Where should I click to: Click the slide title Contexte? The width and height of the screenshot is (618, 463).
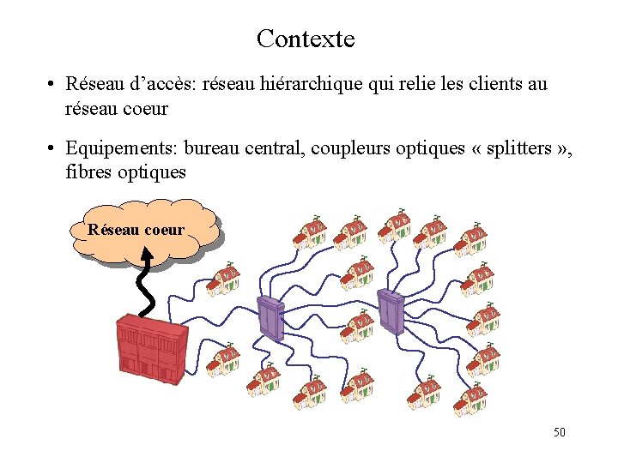coord(305,39)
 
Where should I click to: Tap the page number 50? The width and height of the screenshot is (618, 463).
coord(559,432)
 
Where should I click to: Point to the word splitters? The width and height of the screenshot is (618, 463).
coord(520,147)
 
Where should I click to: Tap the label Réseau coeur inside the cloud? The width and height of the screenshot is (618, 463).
coord(136,230)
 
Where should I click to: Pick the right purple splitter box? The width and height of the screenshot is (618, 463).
coord(391,310)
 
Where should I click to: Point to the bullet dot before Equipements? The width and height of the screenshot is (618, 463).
coord(52,148)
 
